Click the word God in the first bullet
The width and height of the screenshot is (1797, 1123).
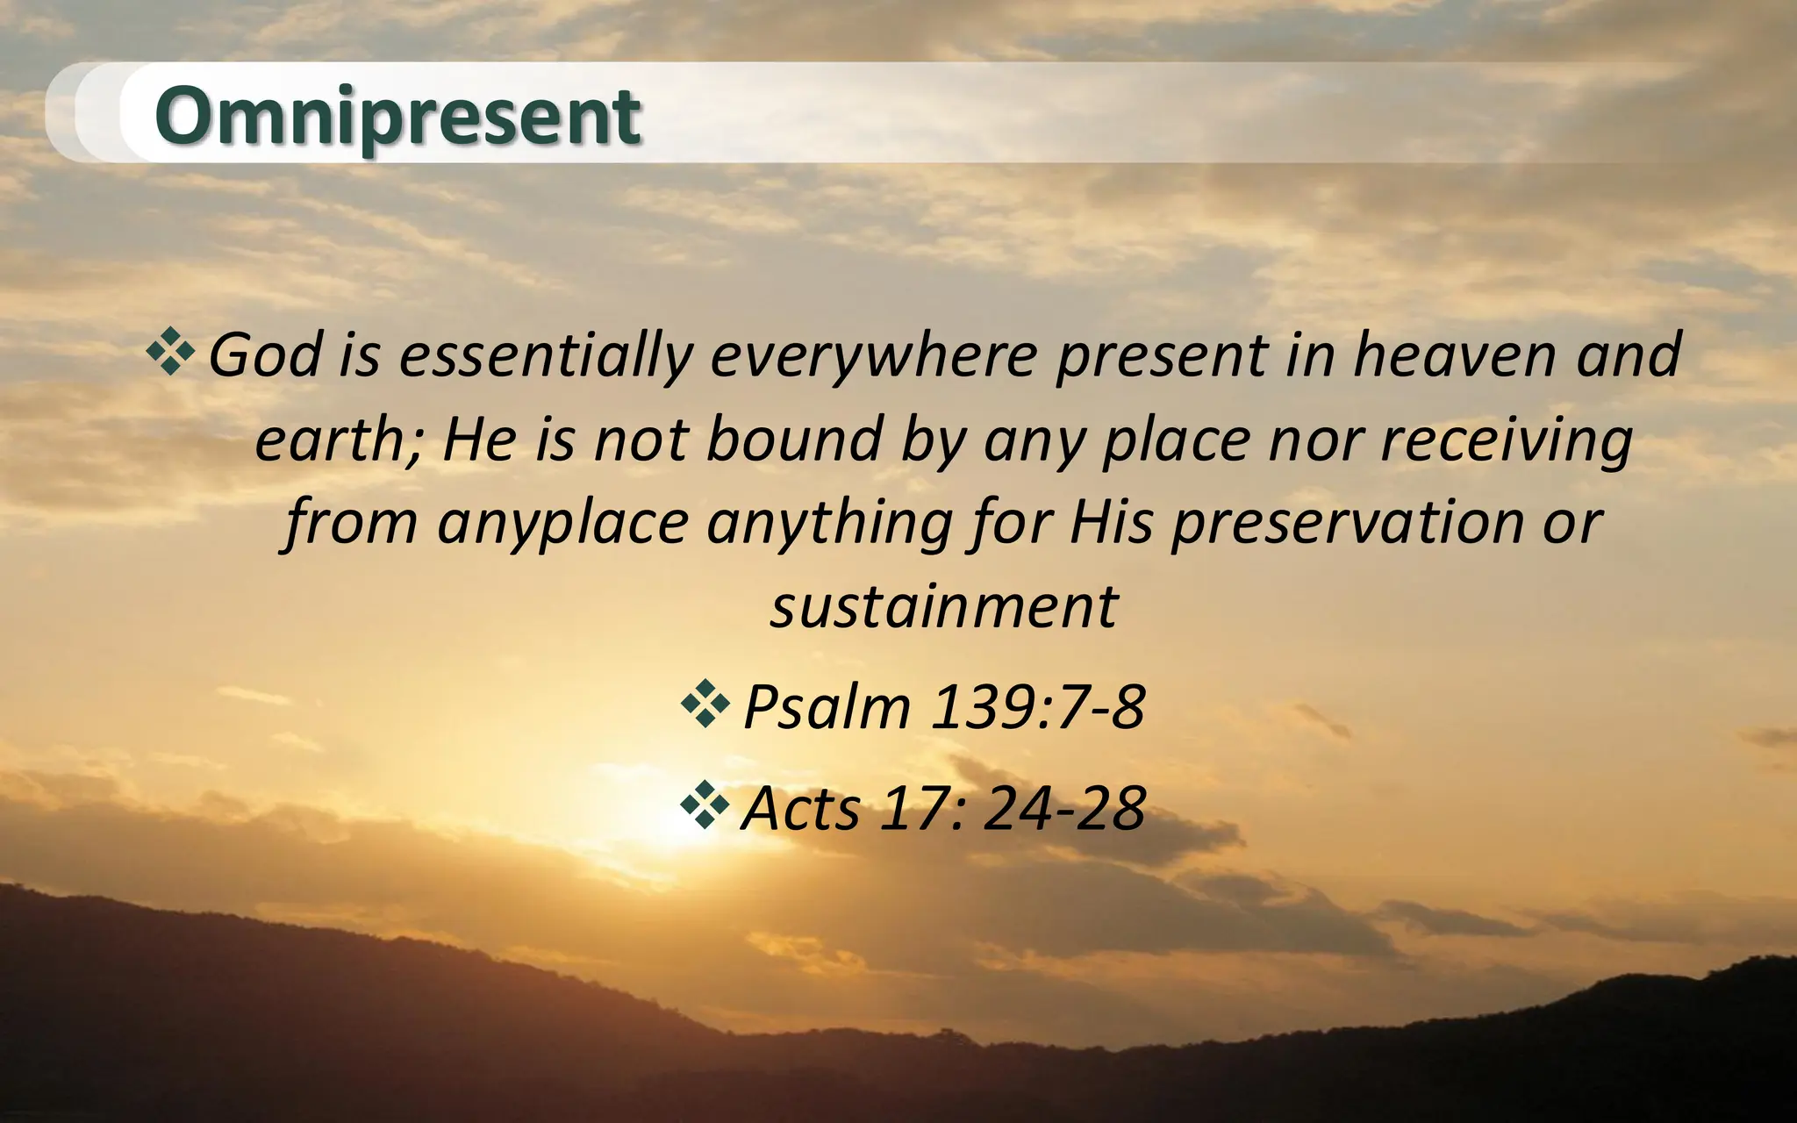264,355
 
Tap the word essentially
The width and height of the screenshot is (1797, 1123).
545,355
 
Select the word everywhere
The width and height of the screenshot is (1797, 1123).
874,355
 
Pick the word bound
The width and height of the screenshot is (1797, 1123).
794,439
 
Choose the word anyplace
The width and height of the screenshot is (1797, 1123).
562,523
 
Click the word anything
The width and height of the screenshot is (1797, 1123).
829,523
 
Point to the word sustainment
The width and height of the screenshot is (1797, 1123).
943,606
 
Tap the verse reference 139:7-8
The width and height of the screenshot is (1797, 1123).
1037,706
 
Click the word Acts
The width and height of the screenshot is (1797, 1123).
800,808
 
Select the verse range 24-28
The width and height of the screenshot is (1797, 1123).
1063,808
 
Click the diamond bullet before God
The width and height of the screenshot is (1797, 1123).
171,353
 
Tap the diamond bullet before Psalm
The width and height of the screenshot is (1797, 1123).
705,704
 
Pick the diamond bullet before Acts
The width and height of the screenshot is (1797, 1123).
705,805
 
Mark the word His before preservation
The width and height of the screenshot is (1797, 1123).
1111,523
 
